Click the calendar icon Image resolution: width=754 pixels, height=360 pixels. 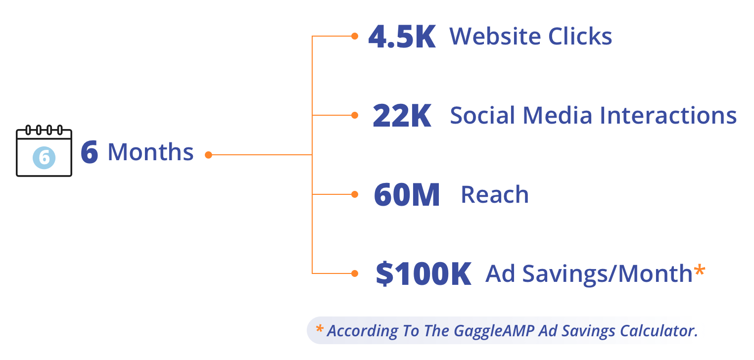coord(44,152)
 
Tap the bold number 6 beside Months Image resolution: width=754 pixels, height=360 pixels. coord(90,152)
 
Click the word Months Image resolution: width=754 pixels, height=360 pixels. coord(150,152)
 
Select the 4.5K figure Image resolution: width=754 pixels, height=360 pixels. coord(402,38)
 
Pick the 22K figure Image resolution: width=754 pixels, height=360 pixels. coord(402,116)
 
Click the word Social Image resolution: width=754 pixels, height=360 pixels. coord(483,116)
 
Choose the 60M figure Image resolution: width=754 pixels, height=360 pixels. coord(407,195)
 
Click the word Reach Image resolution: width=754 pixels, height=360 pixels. coord(495,195)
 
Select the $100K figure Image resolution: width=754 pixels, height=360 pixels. coord(424,274)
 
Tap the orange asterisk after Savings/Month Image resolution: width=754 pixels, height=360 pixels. coord(699,270)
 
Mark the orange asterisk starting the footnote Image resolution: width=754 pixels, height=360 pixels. coord(320,328)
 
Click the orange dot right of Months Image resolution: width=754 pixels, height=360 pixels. coord(208,155)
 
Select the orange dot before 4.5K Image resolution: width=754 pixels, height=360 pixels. coord(354,36)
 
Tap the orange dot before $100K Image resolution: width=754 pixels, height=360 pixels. coord(354,273)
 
